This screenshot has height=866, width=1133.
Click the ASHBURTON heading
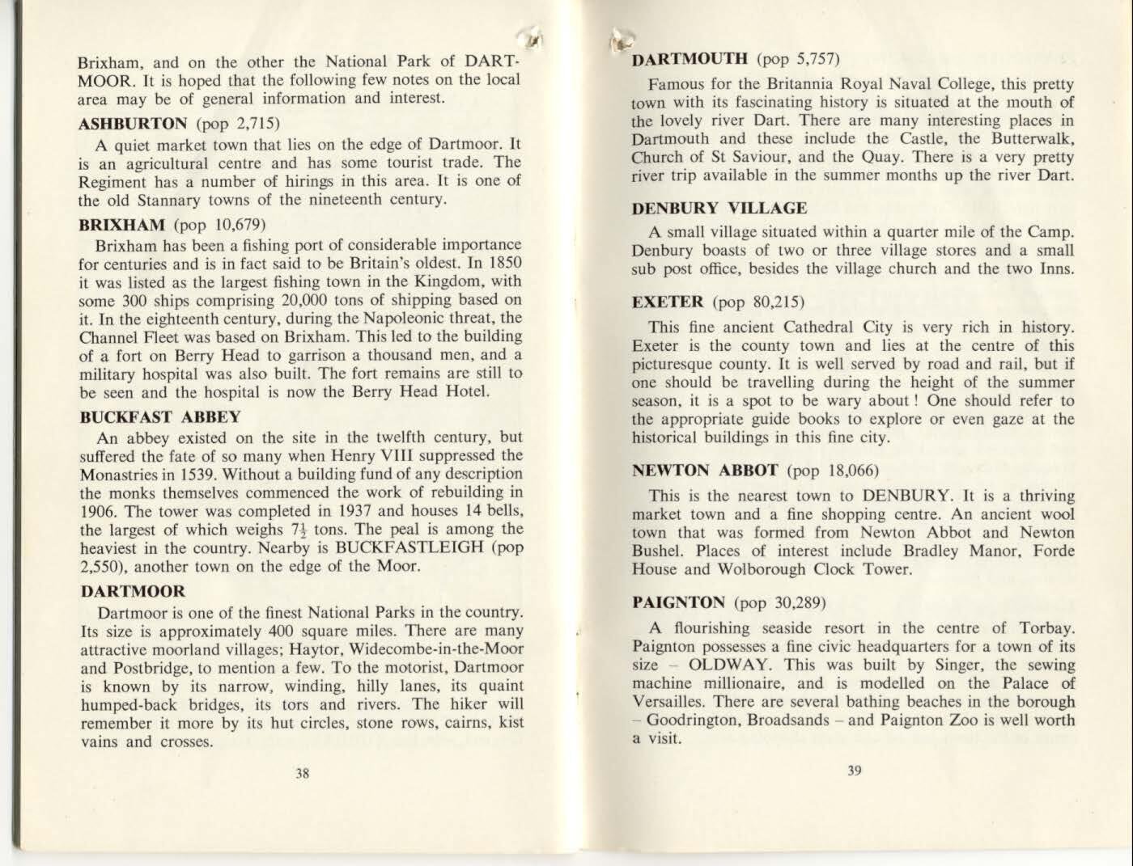tap(133, 125)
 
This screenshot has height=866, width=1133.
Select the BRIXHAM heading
tap(121, 224)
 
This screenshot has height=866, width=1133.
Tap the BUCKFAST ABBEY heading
tap(159, 417)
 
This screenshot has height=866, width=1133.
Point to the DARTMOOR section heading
tap(132, 591)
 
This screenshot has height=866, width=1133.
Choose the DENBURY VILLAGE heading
tap(719, 209)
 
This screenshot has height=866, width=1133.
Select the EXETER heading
tap(668, 302)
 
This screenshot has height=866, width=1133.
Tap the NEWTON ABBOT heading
tap(705, 471)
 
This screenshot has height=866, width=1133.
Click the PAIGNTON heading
tap(678, 602)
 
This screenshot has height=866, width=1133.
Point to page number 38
tap(302, 773)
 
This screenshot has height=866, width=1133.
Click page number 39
tap(854, 771)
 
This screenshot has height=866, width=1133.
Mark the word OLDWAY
tap(722, 665)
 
